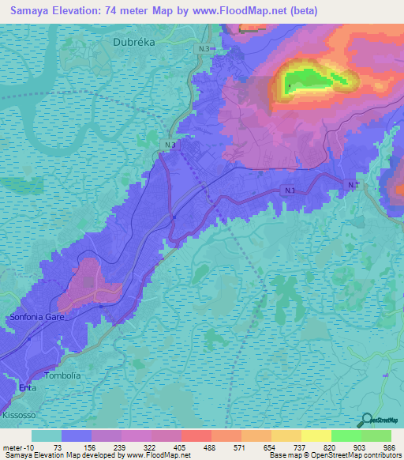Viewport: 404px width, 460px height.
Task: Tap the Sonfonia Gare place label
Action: coord(36,316)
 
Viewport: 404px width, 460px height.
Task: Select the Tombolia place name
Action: coord(63,375)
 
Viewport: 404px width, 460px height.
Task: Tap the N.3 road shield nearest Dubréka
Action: coord(204,49)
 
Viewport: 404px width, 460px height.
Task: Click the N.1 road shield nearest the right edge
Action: coord(353,184)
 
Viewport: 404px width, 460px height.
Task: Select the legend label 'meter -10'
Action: coord(17,447)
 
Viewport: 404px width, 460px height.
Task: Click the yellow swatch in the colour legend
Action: coord(316,435)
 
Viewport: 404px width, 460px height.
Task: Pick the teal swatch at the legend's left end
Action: coord(46,435)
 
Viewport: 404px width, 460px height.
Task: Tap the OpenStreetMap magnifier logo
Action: coord(365,420)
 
